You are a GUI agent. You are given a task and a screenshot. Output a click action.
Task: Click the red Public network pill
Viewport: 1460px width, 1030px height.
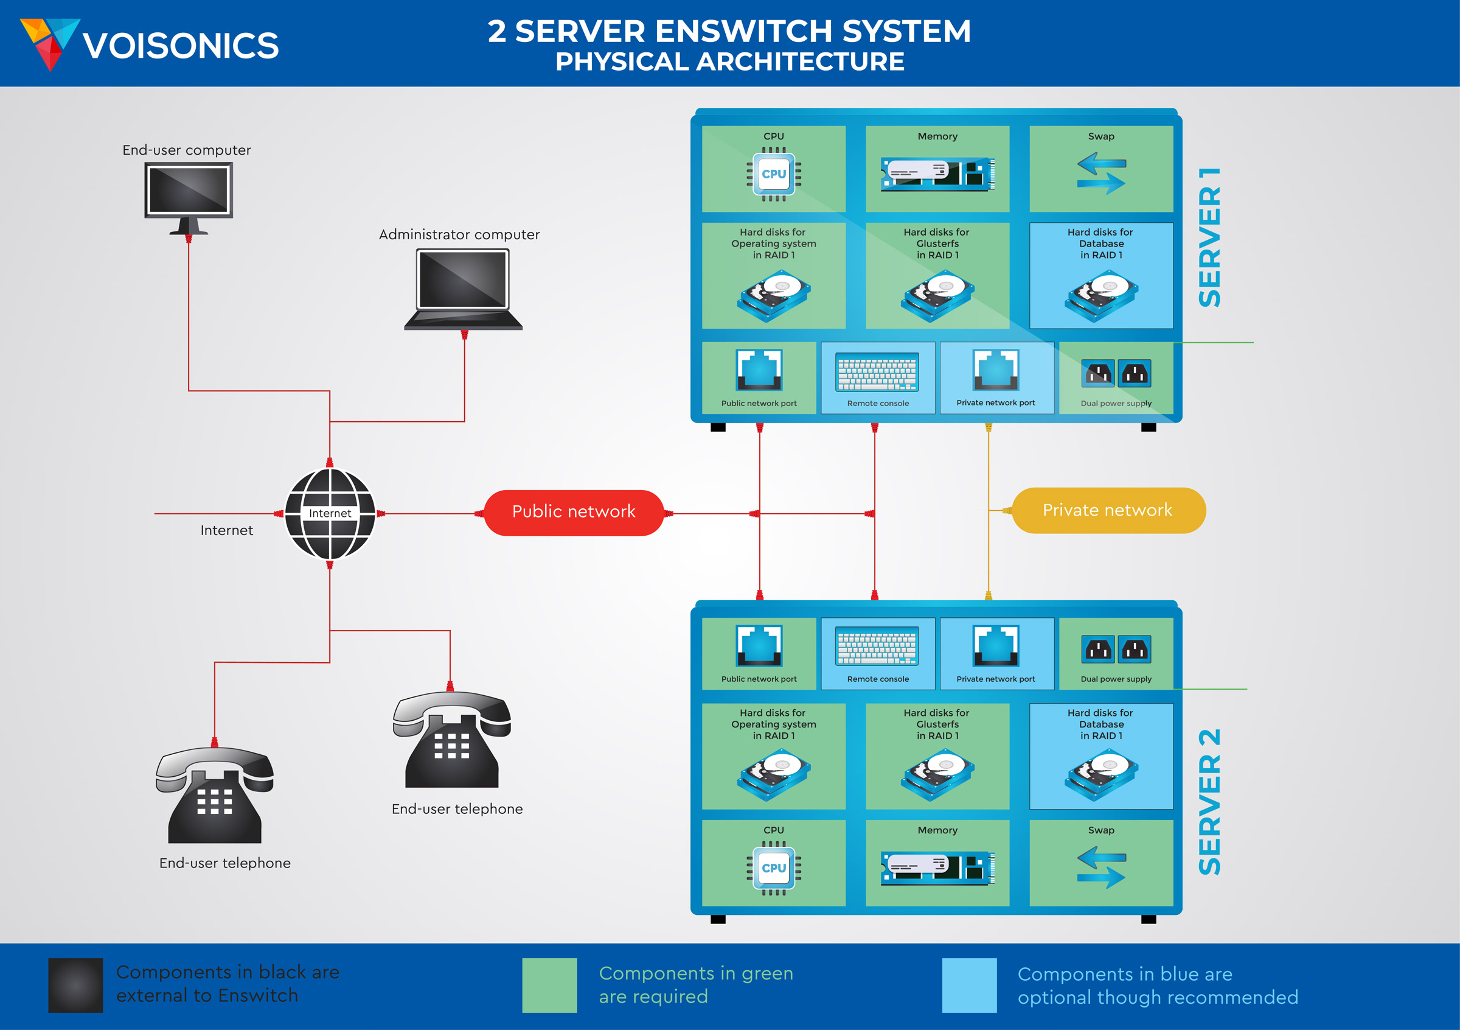[574, 512]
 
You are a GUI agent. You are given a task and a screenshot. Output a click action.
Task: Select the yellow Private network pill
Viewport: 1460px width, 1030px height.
[1108, 510]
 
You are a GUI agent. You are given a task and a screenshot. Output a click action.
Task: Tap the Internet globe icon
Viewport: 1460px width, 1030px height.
[330, 513]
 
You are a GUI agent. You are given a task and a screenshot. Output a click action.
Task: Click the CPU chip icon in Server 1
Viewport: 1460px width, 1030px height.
[773, 174]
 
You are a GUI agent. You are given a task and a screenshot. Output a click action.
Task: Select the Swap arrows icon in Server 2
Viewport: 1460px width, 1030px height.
[1101, 867]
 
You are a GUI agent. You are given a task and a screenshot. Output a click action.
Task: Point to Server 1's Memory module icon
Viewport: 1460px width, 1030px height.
[937, 173]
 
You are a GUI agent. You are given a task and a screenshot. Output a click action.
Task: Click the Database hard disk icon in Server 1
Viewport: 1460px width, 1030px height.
[1101, 295]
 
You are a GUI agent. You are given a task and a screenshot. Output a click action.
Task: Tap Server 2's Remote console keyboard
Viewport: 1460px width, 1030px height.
[878, 647]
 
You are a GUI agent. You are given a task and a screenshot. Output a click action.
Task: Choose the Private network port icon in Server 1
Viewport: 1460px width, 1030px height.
[996, 370]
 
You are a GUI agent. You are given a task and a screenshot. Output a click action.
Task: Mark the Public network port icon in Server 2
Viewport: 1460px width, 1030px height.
[759, 646]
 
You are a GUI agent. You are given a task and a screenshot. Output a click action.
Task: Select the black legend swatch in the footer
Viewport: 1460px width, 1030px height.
[75, 985]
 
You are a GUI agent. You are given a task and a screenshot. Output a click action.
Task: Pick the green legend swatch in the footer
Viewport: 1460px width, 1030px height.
[549, 985]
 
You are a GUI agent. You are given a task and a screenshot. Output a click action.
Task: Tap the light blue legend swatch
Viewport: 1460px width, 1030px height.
[969, 985]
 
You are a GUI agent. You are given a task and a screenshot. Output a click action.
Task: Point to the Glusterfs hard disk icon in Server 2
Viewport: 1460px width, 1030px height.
[937, 774]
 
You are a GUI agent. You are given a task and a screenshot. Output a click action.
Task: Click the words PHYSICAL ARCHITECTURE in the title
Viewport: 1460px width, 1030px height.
[729, 62]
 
